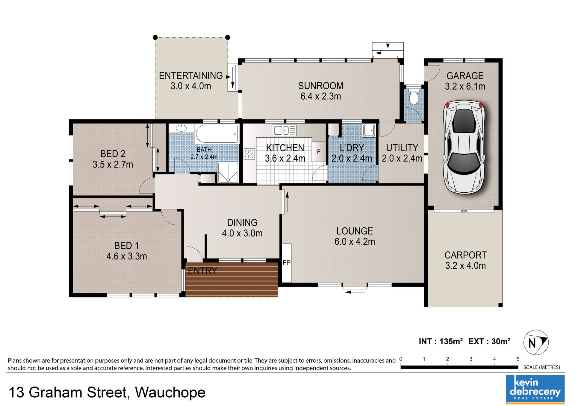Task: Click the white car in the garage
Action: point(464,147)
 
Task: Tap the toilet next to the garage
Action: point(414,95)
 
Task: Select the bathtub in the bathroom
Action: point(217,133)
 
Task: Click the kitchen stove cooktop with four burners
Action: point(249,154)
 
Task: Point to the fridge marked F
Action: point(319,152)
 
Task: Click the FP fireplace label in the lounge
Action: point(287,263)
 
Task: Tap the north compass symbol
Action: point(536,343)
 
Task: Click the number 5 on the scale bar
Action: point(518,359)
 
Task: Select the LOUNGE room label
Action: point(355,231)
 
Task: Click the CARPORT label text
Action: point(465,255)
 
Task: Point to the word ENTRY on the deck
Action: point(202,271)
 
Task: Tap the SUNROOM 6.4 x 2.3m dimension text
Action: point(321,96)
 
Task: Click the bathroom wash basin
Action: point(181,128)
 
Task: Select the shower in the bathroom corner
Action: point(228,173)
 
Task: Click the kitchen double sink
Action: point(284,130)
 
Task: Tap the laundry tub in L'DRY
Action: point(369,130)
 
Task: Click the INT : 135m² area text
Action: point(441,341)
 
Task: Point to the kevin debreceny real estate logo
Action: point(535,389)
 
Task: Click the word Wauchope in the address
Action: point(170,393)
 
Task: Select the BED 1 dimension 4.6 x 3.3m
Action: point(127,256)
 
